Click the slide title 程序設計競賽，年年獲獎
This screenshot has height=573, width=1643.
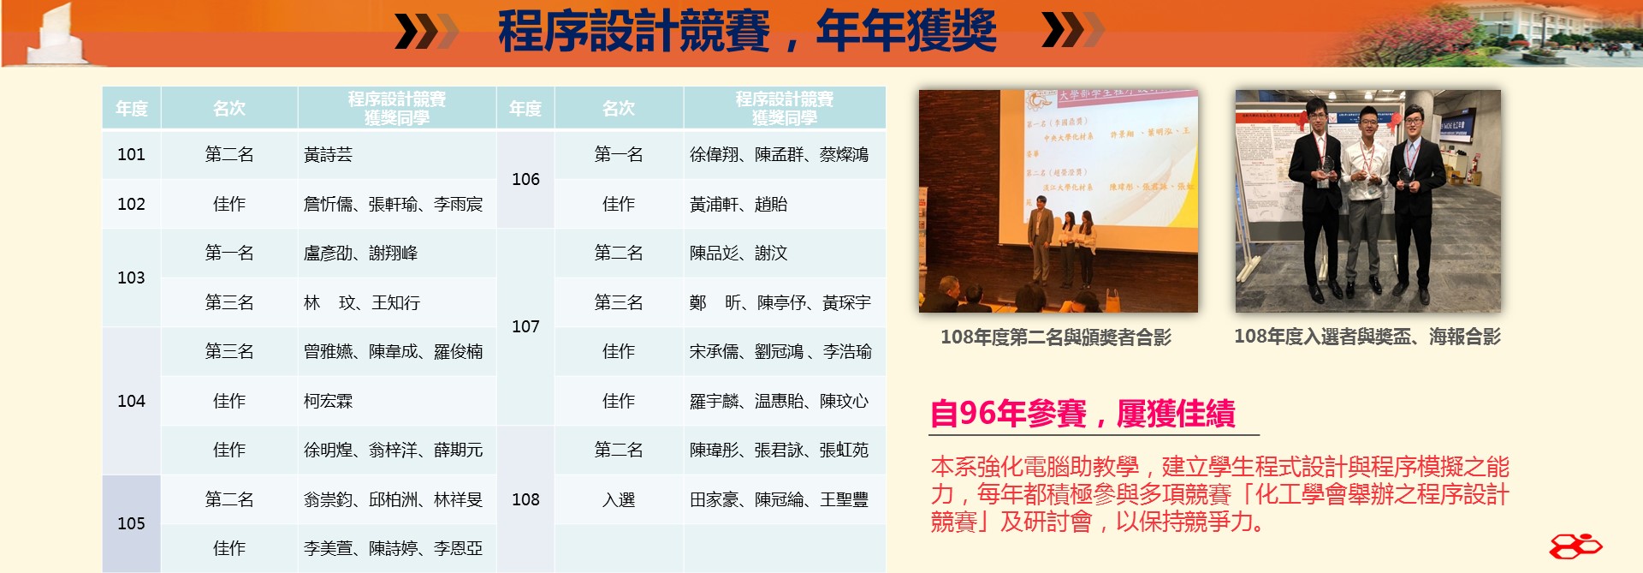click(x=746, y=32)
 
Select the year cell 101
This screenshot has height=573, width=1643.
click(x=131, y=154)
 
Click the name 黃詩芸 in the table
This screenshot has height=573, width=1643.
click(x=328, y=154)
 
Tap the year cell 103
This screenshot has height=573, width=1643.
click(x=131, y=278)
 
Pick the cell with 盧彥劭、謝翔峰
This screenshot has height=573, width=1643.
click(x=360, y=253)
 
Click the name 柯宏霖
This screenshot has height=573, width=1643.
click(x=328, y=401)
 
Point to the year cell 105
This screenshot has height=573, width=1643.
click(x=131, y=523)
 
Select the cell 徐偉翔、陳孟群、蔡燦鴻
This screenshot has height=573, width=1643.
click(x=779, y=154)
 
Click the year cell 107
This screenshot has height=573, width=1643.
click(x=525, y=326)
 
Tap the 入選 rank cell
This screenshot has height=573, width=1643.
click(x=618, y=499)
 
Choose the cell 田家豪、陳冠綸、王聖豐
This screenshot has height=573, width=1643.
click(x=779, y=499)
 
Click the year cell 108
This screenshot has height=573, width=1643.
click(x=525, y=499)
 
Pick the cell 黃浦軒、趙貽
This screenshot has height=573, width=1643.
click(x=738, y=204)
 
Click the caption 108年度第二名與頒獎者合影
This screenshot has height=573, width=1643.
click(x=1055, y=337)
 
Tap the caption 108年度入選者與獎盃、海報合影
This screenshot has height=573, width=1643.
click(x=1367, y=337)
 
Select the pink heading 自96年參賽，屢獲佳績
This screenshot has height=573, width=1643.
click(x=1082, y=414)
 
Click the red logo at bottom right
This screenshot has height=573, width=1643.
click(x=1575, y=546)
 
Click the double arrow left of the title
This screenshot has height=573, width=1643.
click(x=425, y=32)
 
